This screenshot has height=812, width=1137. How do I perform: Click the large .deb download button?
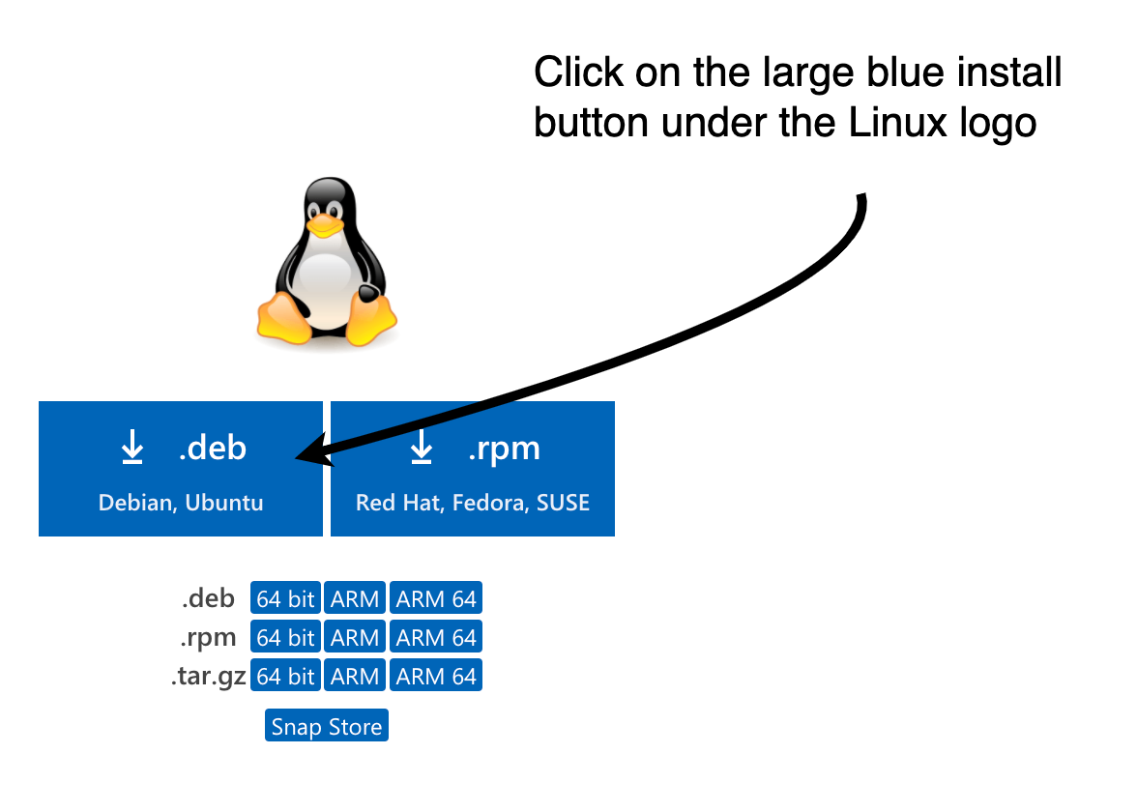(x=180, y=469)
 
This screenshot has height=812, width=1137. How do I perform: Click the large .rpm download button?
(x=472, y=469)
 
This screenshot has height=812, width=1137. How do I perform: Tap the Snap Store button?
(x=327, y=727)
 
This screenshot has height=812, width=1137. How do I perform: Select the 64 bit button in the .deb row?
(x=285, y=599)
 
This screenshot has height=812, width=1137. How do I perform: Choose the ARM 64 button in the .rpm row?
(x=436, y=638)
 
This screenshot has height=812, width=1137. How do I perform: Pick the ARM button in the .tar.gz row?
(x=355, y=677)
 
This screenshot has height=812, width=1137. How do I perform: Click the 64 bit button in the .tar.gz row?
(x=285, y=677)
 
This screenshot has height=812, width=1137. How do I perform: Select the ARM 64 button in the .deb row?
(x=436, y=599)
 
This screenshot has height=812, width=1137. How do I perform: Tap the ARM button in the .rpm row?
(x=355, y=638)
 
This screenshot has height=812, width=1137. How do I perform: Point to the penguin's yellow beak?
(x=325, y=227)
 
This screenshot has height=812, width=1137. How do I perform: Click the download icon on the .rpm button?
(x=422, y=449)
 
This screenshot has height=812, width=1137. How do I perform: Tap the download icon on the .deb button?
(x=132, y=449)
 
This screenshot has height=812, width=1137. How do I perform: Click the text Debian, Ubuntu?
(x=181, y=503)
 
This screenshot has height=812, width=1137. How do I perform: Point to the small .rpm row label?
(x=209, y=638)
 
